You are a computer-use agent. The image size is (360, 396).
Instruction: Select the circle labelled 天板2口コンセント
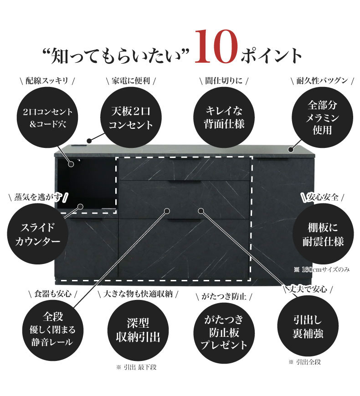(x=130, y=117)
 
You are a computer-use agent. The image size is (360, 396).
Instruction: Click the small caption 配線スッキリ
(x=47, y=81)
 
